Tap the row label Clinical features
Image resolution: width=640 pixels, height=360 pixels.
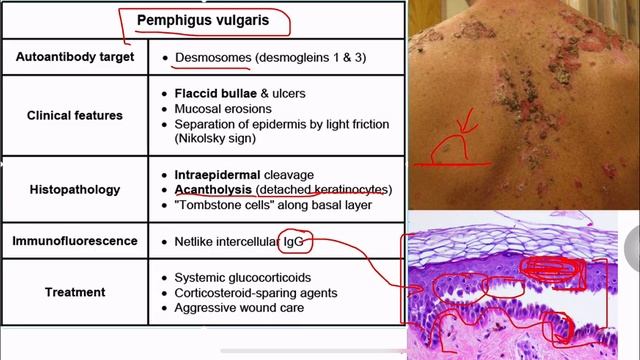pyautogui.click(x=75, y=115)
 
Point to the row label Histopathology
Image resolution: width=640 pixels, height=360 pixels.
pyautogui.click(x=75, y=189)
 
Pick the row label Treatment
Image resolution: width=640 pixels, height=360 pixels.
pyautogui.click(x=75, y=292)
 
